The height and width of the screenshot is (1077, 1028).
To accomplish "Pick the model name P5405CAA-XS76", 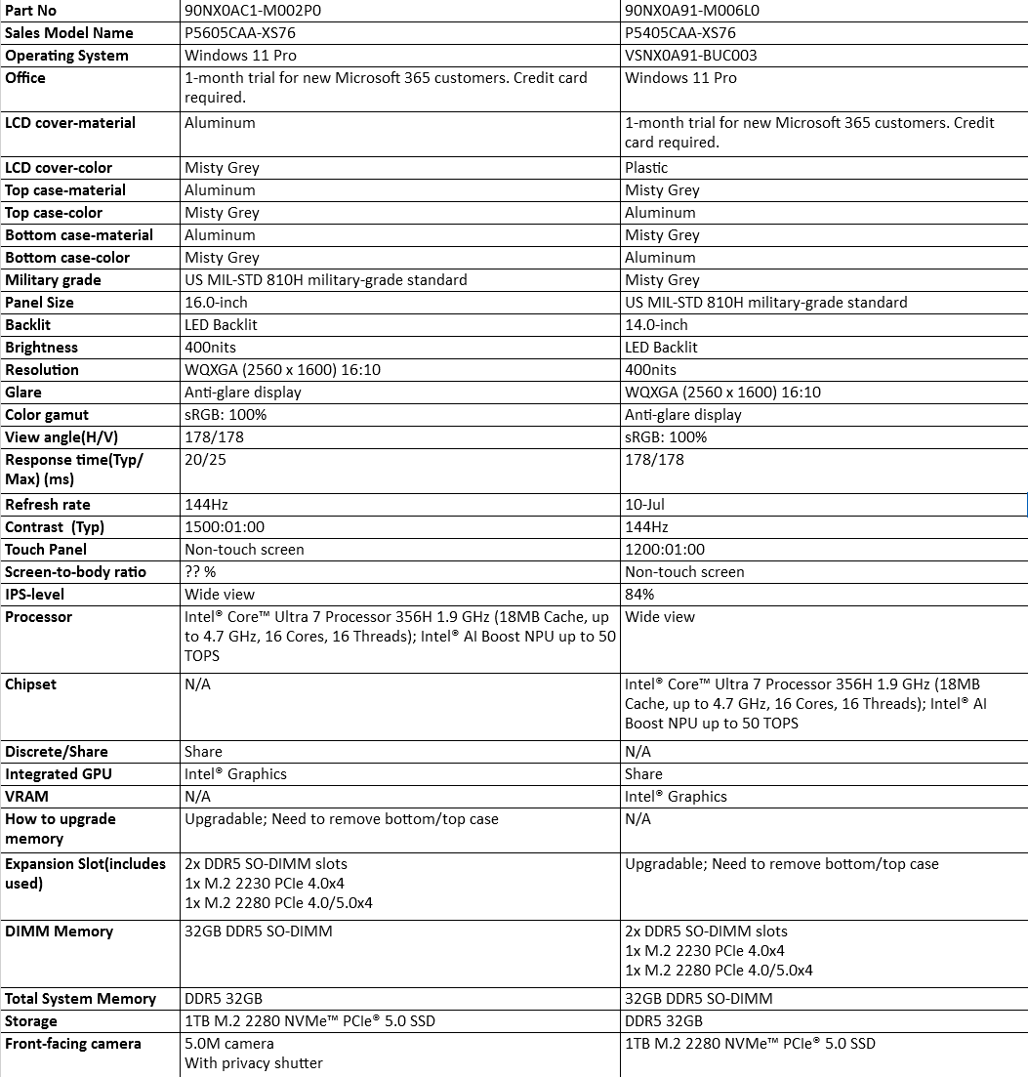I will coord(680,33).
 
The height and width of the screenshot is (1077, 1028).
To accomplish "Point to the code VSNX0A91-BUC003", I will coord(691,56).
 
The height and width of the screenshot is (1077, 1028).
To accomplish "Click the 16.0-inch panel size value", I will coord(216,303).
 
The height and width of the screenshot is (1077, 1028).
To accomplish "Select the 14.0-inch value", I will coord(656,325).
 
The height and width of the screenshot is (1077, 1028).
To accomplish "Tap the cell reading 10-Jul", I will coord(645,505).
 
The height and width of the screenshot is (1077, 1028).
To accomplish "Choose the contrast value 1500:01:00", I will coord(225,527).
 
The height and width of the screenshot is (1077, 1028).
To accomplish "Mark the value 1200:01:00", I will coord(665,550).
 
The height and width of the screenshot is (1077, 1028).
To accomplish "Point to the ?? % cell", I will coord(200,572).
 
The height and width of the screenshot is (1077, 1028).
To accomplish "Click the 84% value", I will coord(639,595).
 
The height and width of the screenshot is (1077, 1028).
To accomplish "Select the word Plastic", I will coord(646,168).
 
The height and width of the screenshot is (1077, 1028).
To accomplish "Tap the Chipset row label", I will coord(33,684).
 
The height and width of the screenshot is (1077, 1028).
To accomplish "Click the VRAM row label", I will coord(26,797).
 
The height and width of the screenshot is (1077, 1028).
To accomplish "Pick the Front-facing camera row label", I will coord(73,1044).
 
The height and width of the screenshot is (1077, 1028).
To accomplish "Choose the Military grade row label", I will coord(53,280).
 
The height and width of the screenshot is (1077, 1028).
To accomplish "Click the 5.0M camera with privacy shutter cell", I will coord(254,1054).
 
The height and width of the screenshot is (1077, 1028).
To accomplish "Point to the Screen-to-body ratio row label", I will coord(75,572).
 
